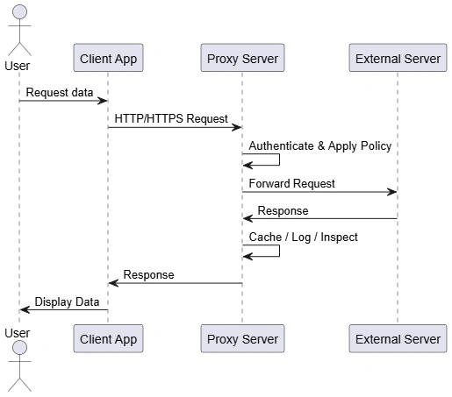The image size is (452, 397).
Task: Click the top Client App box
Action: pos(108,58)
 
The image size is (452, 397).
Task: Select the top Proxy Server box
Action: pos(242,58)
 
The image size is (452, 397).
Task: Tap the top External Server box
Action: pos(398,58)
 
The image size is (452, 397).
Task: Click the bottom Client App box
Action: pos(108,338)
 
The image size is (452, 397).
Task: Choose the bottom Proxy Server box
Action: pos(242,338)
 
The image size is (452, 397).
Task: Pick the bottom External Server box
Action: pos(398,338)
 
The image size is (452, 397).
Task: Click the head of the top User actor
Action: pos(19,12)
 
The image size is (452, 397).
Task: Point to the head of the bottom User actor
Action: pos(19,348)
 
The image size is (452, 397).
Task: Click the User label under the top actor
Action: pos(18,66)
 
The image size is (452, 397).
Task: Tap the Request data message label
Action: pos(60,92)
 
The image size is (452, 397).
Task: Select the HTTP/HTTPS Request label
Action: pos(171,118)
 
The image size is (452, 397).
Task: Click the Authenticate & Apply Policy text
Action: pos(320,145)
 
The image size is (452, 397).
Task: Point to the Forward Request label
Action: pos(291,183)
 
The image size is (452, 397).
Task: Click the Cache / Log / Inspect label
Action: pos(303,237)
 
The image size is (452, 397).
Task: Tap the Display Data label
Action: pos(67,301)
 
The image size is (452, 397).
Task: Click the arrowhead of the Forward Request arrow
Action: pos(392,192)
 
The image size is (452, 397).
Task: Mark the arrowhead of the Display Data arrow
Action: pos(25,309)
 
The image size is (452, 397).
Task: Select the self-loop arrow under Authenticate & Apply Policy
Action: pos(279,160)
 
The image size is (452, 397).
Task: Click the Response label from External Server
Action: pos(283,210)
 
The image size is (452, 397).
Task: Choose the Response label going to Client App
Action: pos(148,274)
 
